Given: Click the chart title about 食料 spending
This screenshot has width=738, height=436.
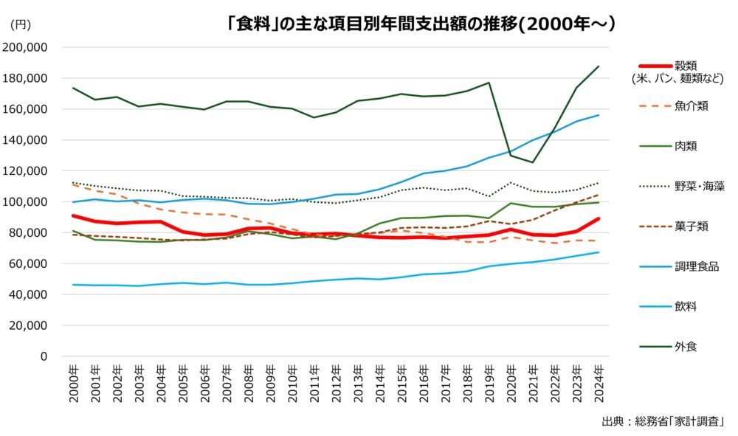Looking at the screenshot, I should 421,23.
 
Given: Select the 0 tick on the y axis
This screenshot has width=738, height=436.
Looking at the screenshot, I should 44,356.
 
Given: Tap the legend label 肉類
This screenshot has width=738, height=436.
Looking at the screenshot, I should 686,145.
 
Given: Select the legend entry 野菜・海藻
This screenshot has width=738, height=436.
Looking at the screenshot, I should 697,185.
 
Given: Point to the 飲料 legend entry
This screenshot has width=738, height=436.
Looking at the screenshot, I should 686,305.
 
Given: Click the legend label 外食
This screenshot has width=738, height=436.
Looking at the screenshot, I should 686,345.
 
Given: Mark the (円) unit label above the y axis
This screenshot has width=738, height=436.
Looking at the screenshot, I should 21,24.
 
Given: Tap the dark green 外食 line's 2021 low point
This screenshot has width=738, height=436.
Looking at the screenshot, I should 534,162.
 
